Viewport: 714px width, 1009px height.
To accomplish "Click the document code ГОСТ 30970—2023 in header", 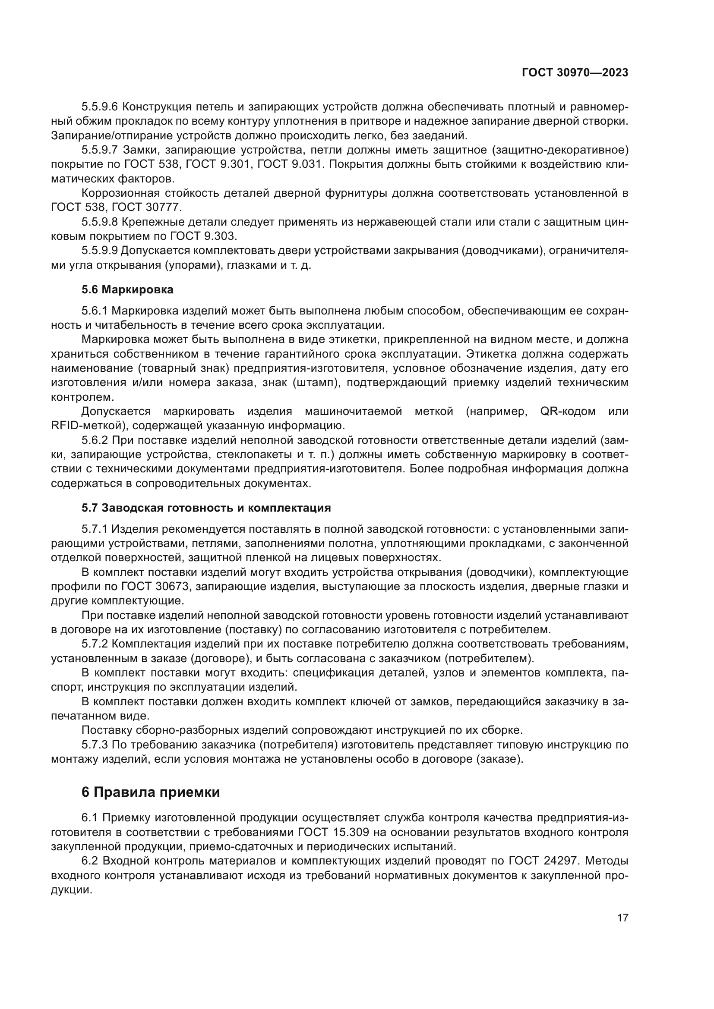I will pos(575,73).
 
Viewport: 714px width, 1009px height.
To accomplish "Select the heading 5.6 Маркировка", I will pos(127,289).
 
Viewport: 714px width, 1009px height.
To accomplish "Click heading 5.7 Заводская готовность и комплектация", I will pos(206,508).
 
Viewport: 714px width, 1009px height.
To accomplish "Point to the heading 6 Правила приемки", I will pos(151,792).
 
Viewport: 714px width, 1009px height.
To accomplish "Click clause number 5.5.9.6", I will pos(100,107).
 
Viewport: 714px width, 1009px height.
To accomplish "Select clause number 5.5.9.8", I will pos(100,222).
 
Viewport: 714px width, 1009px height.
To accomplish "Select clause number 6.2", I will pos(90,860).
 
